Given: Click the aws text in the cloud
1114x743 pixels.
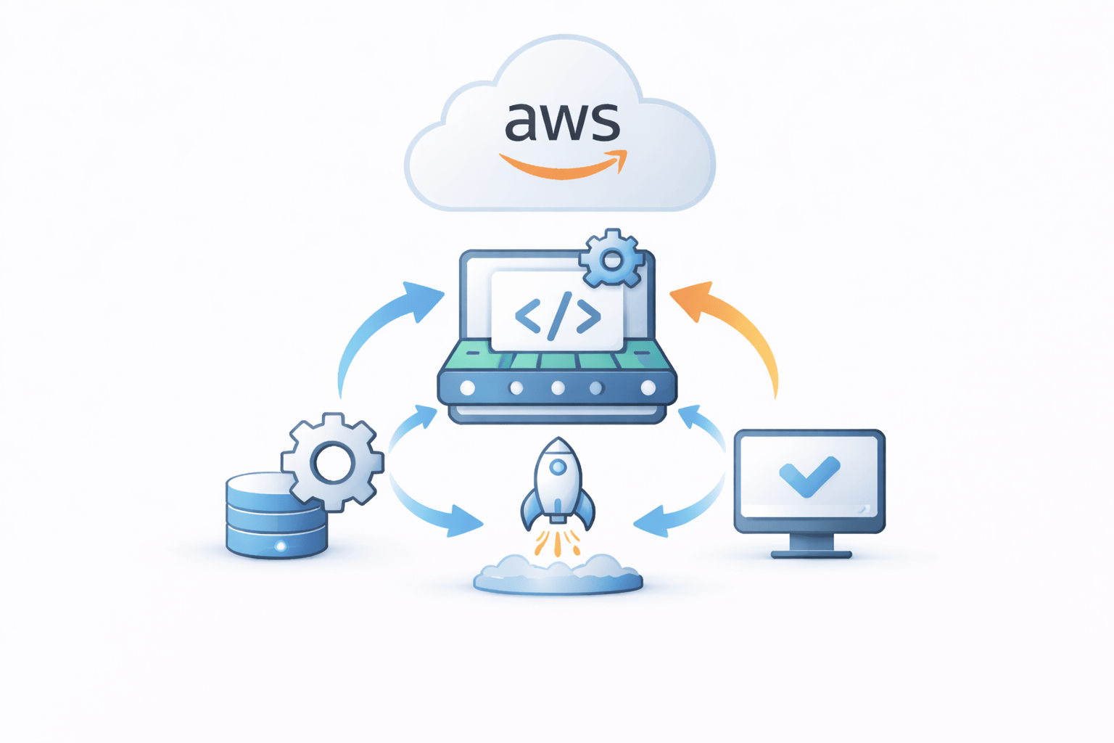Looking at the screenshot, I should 562,121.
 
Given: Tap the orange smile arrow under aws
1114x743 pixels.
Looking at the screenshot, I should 563,167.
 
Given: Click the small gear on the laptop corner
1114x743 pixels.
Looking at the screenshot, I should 611,260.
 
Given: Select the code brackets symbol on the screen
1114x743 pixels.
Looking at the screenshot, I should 558,316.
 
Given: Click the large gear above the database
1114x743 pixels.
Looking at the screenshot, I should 333,462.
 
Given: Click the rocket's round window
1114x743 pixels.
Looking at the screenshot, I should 557,468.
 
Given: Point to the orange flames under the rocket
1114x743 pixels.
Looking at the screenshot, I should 557,542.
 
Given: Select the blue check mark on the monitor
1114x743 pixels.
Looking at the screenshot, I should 809,476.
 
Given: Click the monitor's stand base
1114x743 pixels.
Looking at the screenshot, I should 811,554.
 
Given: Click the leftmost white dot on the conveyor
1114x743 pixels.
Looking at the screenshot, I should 468,388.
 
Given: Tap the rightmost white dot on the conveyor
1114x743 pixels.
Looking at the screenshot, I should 648,388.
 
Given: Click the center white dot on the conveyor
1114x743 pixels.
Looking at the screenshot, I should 558,388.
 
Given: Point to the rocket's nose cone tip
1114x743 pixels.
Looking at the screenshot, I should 557,440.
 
